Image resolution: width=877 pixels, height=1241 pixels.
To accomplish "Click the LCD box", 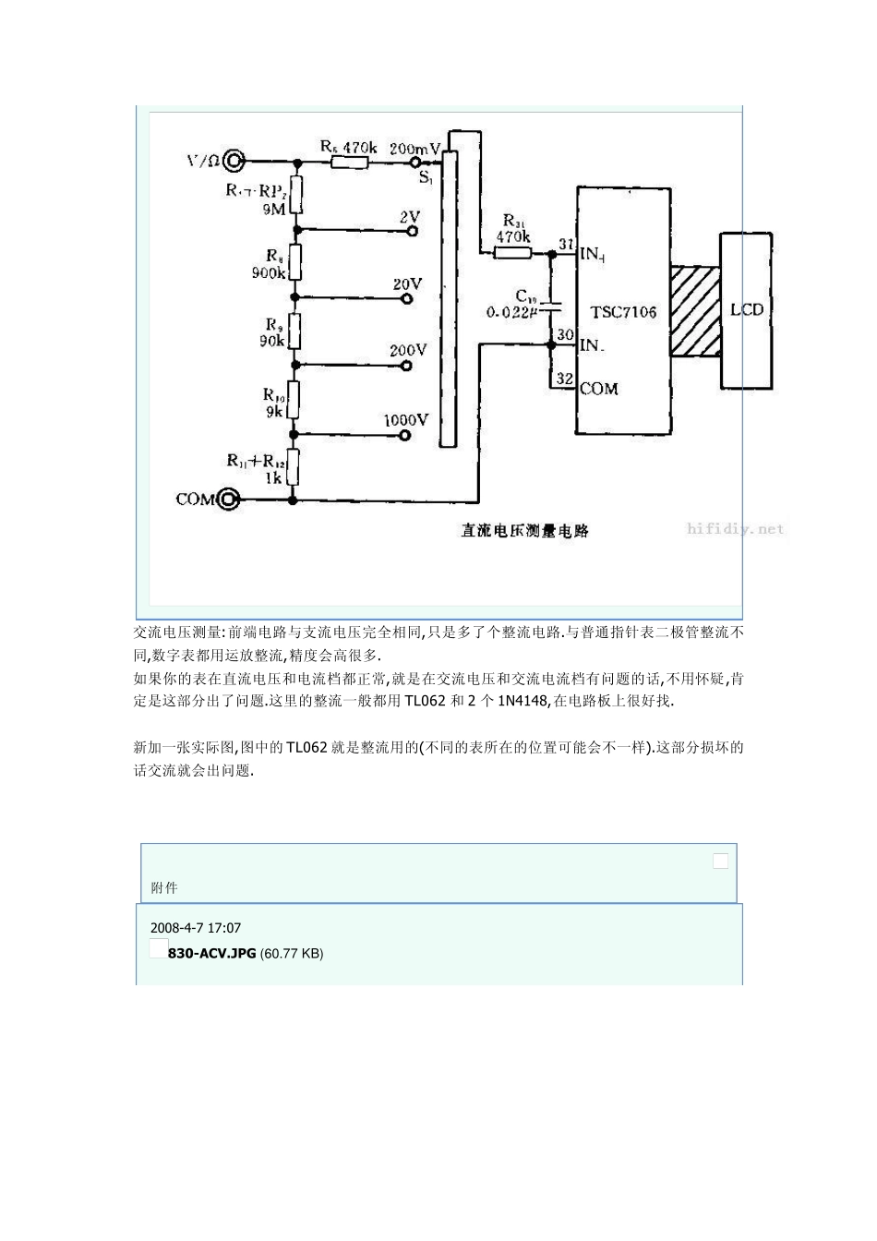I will pos(747,310).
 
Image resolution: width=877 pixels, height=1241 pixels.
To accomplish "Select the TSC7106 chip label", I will pos(623,312).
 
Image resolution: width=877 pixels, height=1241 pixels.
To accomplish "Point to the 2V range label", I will pos(409,217).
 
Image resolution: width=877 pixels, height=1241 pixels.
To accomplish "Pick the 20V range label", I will pos(407,284).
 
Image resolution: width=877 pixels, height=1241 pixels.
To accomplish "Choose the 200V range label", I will pos(407,351).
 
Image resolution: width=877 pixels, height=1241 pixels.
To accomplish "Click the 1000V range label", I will pos(405,420).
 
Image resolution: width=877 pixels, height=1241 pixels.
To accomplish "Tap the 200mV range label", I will pos(415,148).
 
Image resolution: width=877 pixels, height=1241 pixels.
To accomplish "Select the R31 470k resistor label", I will pos(513,228).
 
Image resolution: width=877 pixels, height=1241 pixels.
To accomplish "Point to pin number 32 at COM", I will pos(565,379).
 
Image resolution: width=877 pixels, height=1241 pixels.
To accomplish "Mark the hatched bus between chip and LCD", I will pos(695,311).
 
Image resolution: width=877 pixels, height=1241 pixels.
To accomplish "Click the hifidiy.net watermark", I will pos(736,529).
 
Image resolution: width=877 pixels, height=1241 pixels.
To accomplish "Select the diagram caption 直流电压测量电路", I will pos(525,531).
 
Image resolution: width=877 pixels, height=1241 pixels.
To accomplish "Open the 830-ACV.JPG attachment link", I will pos(211,953).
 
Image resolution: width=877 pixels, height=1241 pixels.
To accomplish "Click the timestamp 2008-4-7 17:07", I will pos(195,927).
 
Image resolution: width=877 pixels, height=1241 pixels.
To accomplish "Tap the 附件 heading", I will pos(163,887).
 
